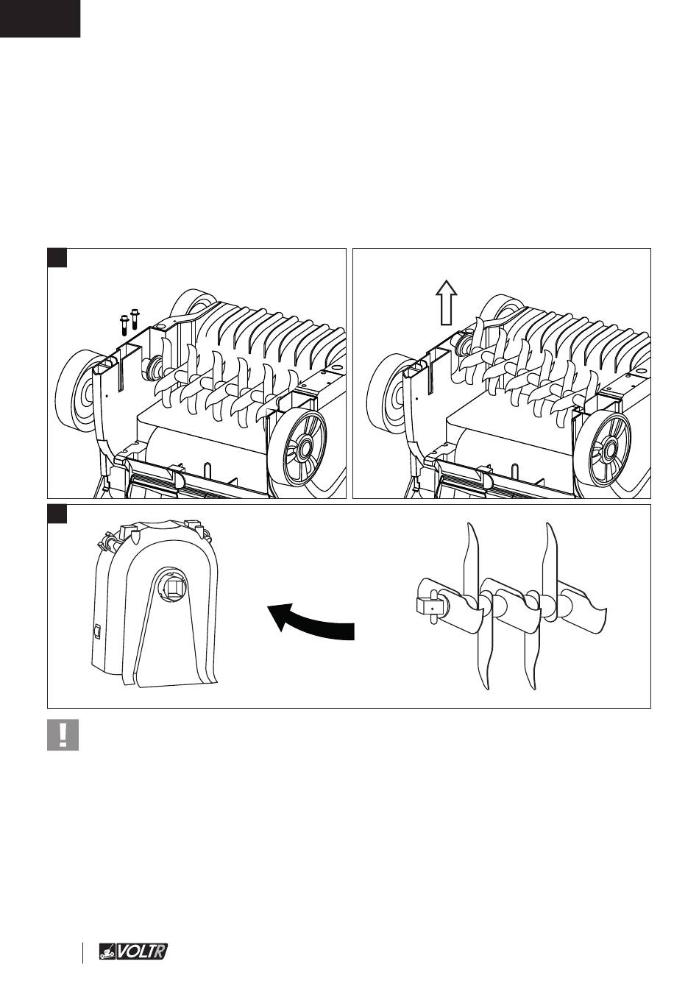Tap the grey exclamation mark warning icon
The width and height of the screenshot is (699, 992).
(63, 734)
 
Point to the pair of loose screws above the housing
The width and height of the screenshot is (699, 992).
(128, 321)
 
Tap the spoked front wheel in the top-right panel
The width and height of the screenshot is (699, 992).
(602, 444)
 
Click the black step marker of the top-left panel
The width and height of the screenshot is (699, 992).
(57, 258)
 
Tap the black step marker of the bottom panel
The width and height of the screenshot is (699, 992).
(57, 513)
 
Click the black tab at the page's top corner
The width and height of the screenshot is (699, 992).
(40, 18)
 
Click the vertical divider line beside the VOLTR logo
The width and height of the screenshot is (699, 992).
(83, 952)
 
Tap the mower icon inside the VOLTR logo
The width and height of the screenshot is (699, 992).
(107, 952)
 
